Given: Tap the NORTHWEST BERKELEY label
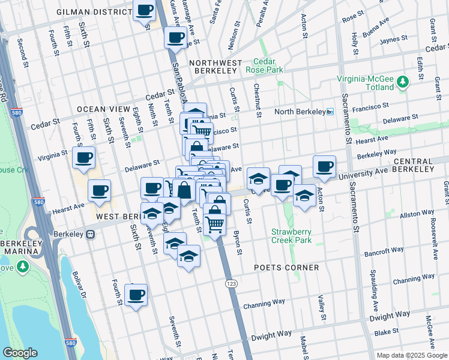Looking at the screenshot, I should [x=214, y=67].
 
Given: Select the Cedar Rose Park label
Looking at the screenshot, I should [x=268, y=65].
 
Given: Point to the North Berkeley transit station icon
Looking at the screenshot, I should [x=330, y=112].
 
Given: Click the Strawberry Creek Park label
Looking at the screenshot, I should [x=293, y=236].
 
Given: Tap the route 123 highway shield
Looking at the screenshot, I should [x=231, y=283].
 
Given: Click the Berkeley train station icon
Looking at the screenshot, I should [x=91, y=234].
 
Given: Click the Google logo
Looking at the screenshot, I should [x=20, y=353].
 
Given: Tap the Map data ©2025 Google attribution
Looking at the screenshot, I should [x=412, y=355].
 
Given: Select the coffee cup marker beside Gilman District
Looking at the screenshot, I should [x=144, y=11].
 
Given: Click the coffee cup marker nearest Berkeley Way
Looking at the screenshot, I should [x=324, y=166].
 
